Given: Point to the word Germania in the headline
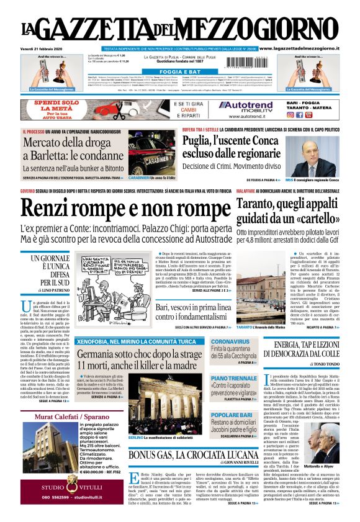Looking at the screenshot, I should point(99,354).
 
